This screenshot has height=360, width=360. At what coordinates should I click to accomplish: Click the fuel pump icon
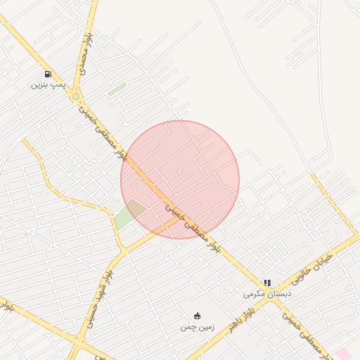tap(48, 74)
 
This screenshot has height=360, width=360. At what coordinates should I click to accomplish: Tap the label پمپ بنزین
tap(48, 84)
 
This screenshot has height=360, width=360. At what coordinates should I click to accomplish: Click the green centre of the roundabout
tap(76, 96)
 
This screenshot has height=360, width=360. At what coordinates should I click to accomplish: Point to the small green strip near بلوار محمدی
tap(117, 89)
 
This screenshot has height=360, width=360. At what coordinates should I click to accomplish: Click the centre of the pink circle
tap(180, 179)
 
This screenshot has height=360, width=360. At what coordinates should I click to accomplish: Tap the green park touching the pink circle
tap(129, 214)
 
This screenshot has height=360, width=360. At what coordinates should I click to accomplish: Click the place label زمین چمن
tap(195, 326)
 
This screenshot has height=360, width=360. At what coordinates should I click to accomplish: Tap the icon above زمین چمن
tap(197, 315)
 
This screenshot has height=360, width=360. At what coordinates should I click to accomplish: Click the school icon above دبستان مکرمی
tap(267, 283)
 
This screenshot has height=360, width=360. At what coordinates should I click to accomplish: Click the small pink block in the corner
tap(344, 353)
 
